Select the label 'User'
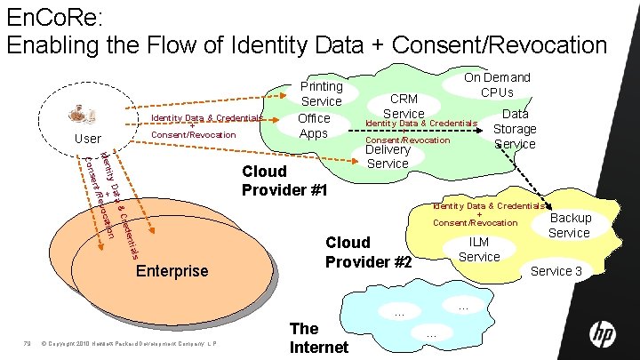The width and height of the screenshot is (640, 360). (88, 139)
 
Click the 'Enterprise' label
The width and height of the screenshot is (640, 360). (172, 270)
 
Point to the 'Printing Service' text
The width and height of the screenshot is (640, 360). (321, 94)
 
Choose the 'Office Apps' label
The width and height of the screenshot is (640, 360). (314, 125)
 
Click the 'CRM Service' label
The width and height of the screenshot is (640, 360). (404, 106)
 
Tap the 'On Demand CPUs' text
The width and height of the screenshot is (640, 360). (497, 84)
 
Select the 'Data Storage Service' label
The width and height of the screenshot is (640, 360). (515, 128)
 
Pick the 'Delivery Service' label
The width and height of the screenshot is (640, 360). (388, 156)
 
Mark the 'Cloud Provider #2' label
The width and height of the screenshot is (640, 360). (368, 252)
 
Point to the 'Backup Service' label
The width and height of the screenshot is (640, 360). (569, 225)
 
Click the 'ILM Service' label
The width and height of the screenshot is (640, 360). (479, 248)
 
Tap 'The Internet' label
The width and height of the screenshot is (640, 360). (319, 337)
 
